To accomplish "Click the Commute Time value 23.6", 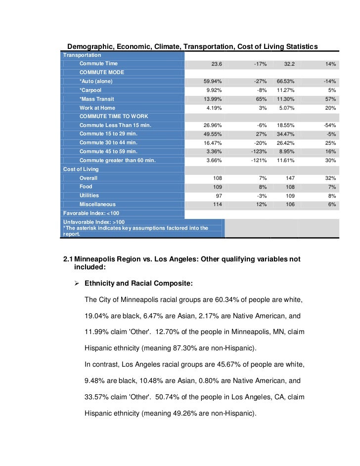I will [x=217, y=64].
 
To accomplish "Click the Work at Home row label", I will [x=97, y=108].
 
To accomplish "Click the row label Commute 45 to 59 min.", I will [x=108, y=152].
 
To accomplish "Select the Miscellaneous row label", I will [x=97, y=204].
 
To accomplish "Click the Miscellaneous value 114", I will [x=217, y=204].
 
